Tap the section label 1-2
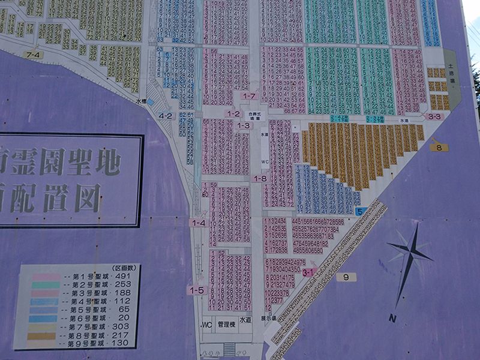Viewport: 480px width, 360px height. [233, 113]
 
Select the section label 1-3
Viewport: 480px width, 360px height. [244, 125]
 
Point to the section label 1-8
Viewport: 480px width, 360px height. [260, 178]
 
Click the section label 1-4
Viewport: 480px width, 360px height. [198, 223]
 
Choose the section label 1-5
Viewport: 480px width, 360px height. [197, 290]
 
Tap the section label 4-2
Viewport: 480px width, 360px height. [166, 116]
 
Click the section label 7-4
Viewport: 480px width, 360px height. [34, 55]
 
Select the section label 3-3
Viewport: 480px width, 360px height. [435, 116]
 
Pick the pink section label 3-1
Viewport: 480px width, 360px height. [310, 272]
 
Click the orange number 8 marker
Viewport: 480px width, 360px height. [439, 147]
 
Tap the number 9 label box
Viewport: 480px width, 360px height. [346, 277]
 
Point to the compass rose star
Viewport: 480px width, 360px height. [410, 253]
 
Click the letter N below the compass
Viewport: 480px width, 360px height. [392, 318]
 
